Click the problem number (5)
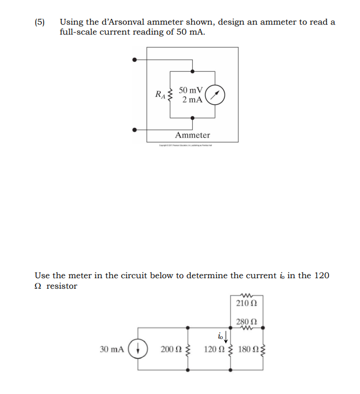click(x=40, y=22)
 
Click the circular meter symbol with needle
click(x=215, y=95)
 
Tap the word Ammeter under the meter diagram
click(x=192, y=135)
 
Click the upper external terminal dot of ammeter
click(x=135, y=60)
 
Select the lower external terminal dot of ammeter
click(x=135, y=129)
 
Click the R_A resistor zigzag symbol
click(x=169, y=95)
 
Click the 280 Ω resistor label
click(x=246, y=322)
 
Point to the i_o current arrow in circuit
click(x=225, y=335)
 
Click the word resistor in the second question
click(x=62, y=286)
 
